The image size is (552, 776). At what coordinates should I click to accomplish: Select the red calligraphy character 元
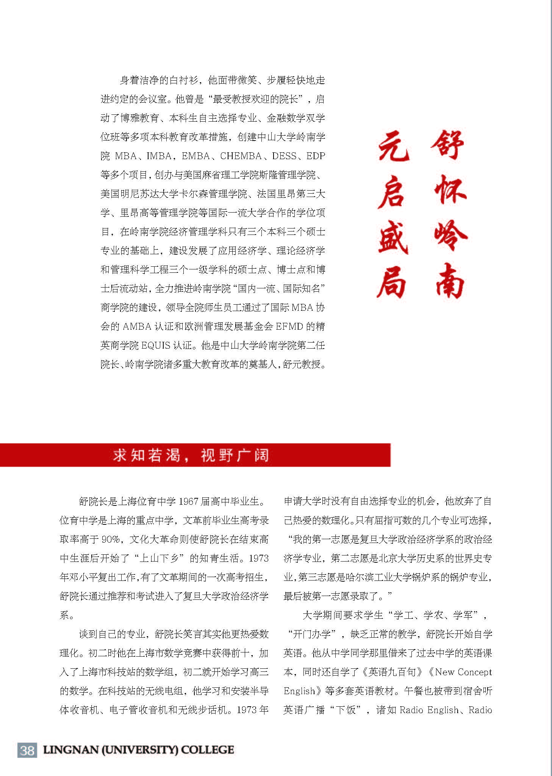click(394, 146)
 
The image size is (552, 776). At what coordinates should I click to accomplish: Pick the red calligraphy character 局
click(392, 282)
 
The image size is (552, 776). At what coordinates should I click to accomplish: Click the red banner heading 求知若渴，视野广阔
click(191, 455)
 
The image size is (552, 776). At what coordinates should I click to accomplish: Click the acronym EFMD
click(289, 327)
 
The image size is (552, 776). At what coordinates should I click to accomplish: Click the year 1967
click(188, 502)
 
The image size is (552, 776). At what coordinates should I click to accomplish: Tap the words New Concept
click(463, 672)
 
